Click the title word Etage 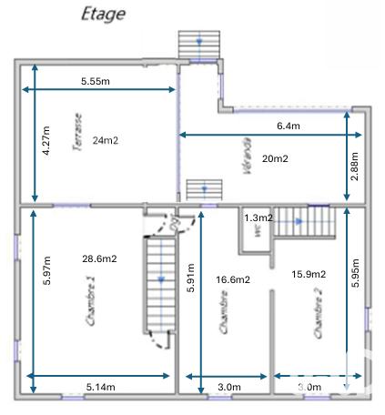click(103, 14)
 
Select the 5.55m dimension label click(96, 81)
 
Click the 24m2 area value click(106, 140)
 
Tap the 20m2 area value click(274, 158)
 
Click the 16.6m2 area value click(232, 279)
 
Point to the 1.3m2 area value click(258, 218)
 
